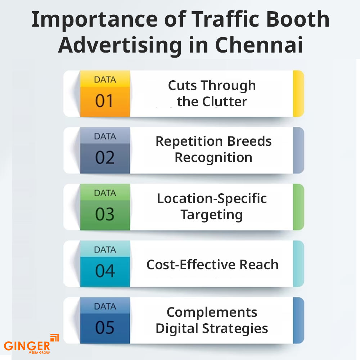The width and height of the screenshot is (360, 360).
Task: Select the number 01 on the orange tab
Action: [104, 101]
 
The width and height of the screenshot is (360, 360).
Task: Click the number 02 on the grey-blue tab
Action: [104, 158]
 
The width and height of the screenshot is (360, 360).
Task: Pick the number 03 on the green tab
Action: [104, 214]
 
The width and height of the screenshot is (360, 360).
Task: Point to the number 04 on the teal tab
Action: [104, 271]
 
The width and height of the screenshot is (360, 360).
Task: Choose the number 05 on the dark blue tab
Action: [104, 327]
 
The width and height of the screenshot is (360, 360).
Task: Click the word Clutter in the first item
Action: [225, 102]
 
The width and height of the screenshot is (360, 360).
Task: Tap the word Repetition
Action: [184, 141]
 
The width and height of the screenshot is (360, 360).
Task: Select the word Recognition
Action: [213, 158]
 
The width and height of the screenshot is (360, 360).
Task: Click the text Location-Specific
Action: [212, 198]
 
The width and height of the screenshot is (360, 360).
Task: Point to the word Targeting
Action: [212, 215]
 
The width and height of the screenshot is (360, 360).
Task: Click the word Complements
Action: [212, 312]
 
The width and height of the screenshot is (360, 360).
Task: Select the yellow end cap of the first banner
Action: [298, 94]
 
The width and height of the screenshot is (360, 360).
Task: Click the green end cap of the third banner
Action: [298, 207]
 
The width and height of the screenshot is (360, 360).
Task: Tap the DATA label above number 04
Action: [105, 249]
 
